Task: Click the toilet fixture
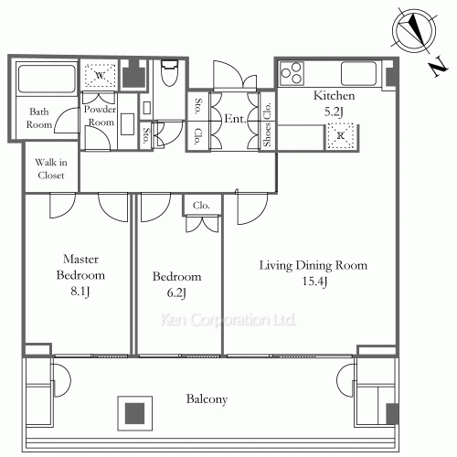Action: pyautogui.click(x=169, y=73)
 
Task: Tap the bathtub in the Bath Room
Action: pyautogui.click(x=47, y=79)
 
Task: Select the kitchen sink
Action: pyautogui.click(x=358, y=73)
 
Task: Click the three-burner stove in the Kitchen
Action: pyautogui.click(x=292, y=73)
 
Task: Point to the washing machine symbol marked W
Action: pyautogui.click(x=100, y=75)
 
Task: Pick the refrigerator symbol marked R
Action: pyautogui.click(x=340, y=135)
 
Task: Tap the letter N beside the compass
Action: pyautogui.click(x=439, y=66)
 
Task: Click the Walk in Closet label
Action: pyautogui.click(x=51, y=168)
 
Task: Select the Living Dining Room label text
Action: pyautogui.click(x=314, y=265)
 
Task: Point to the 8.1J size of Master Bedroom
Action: pyautogui.click(x=80, y=292)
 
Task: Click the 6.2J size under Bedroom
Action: pyautogui.click(x=176, y=292)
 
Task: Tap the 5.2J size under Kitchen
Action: pyautogui.click(x=334, y=112)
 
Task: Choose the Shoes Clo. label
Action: pyautogui.click(x=267, y=124)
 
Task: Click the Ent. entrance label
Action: pyautogui.click(x=235, y=119)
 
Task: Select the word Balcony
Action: pyautogui.click(x=207, y=399)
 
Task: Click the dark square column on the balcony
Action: pyautogui.click(x=134, y=413)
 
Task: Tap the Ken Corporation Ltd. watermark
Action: pyautogui.click(x=228, y=320)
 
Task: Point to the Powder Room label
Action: pyautogui.click(x=100, y=115)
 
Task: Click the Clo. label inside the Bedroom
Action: pyautogui.click(x=201, y=206)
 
